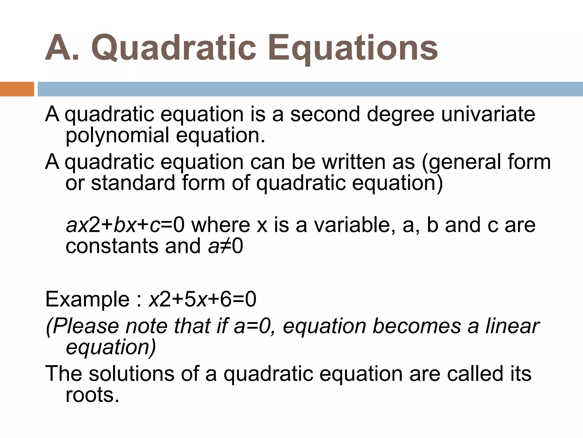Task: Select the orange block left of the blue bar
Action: pyautogui.click(x=17, y=89)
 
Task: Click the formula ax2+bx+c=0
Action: pyautogui.click(x=125, y=225)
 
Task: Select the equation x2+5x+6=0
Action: pyautogui.click(x=202, y=299)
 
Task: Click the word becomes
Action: pyautogui.click(x=416, y=326)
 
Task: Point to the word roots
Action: pyautogui.click(x=92, y=395)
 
